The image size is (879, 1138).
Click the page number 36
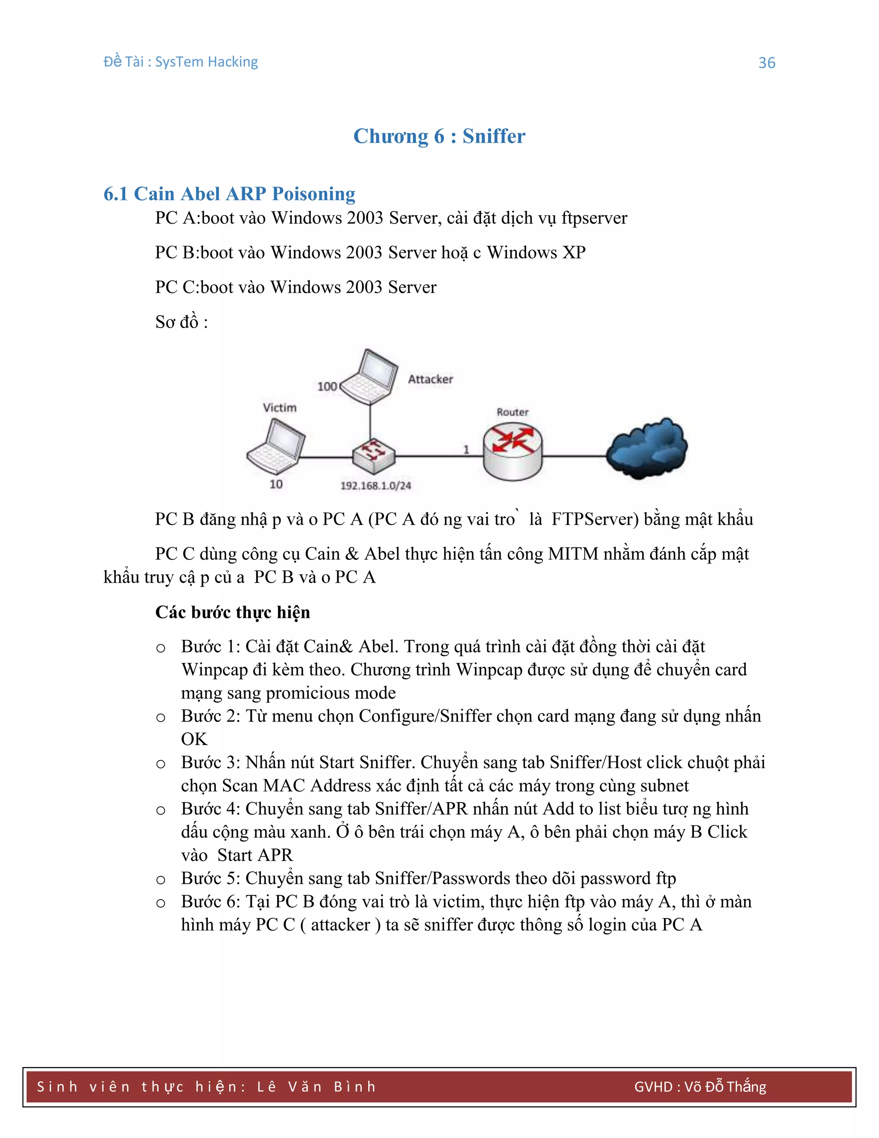tap(767, 63)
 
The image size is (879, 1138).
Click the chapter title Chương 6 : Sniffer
tap(439, 136)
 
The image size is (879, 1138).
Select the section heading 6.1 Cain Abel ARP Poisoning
tap(229, 194)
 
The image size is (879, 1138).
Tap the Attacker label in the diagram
tap(430, 379)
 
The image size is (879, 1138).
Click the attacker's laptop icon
tap(369, 377)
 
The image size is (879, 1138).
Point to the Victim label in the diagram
tap(280, 408)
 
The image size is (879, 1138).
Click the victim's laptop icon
tap(276, 447)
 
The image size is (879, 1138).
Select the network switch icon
tap(373, 453)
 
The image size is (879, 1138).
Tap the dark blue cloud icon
tap(647, 448)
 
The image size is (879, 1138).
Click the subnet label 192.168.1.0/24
tap(376, 486)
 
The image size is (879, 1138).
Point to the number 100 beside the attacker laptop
tap(327, 386)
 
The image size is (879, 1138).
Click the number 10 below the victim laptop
tap(276, 484)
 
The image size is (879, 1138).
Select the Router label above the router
tap(512, 412)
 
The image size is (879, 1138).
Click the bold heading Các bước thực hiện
tap(232, 612)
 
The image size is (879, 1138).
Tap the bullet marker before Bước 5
tap(161, 880)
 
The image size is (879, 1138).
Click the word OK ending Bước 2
tap(194, 739)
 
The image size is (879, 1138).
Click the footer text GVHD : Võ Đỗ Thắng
tap(700, 1087)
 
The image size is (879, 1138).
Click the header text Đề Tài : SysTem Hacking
tap(181, 62)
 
